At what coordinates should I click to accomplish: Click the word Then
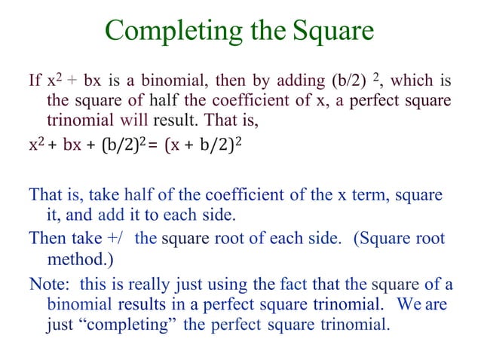click(x=45, y=239)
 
